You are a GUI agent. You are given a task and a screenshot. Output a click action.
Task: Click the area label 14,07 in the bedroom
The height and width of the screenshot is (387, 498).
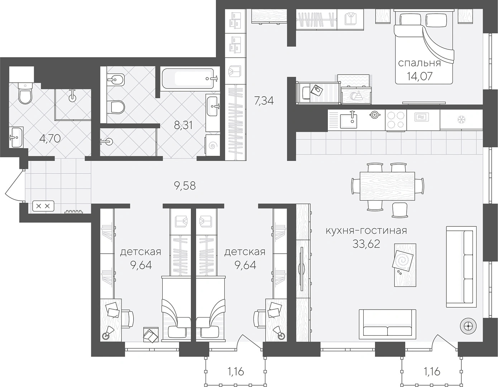(420, 76)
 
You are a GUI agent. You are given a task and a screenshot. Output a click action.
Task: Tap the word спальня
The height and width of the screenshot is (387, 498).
(420, 63)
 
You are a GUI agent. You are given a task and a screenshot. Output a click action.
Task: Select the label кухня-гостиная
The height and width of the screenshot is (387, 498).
(366, 230)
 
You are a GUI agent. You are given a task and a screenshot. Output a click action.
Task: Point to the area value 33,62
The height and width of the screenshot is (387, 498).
(366, 244)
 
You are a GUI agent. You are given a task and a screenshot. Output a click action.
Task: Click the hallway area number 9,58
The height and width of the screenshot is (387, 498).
(185, 186)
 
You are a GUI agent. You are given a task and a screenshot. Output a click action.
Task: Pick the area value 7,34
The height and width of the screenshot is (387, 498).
(264, 101)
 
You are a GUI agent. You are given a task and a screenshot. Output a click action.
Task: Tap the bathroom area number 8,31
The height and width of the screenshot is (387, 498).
(183, 125)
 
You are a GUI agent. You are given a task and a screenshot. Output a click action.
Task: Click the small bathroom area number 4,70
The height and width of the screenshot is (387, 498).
(50, 139)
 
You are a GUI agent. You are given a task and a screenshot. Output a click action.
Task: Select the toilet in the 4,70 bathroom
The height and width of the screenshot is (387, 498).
(25, 93)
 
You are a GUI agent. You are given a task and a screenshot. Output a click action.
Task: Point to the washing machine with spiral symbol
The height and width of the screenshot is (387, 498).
(212, 145)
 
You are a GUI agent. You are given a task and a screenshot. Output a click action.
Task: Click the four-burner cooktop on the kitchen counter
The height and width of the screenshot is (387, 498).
(396, 120)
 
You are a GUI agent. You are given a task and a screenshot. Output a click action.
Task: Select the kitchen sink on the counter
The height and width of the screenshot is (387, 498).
(349, 121)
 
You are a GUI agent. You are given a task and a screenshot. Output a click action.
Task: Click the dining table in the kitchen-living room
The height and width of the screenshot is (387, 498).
(387, 186)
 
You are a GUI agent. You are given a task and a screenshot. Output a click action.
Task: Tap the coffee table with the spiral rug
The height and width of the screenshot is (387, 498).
(405, 265)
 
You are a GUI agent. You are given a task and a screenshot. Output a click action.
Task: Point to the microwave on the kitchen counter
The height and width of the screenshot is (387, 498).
(423, 117)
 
